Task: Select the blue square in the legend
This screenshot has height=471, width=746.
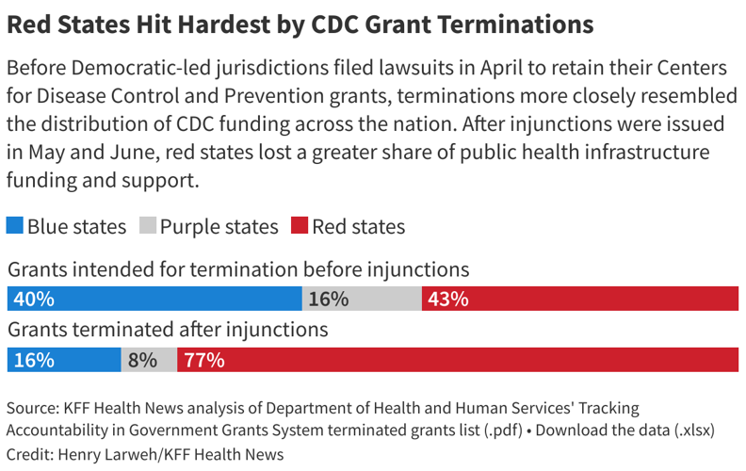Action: pyautogui.click(x=15, y=226)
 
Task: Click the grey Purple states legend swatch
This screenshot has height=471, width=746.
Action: pyautogui.click(x=148, y=226)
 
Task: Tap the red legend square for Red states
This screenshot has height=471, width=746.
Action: pyautogui.click(x=300, y=226)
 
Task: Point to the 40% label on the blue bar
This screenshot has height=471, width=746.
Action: pyautogui.click(x=33, y=299)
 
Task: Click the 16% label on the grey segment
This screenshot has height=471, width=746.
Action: pyautogui.click(x=328, y=299)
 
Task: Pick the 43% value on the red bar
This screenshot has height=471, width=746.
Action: pyautogui.click(x=447, y=299)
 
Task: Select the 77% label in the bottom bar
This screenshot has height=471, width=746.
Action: pyautogui.click(x=203, y=360)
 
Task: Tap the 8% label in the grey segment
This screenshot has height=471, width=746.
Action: pyautogui.click(x=142, y=360)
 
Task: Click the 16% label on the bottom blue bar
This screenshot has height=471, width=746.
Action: pyautogui.click(x=33, y=360)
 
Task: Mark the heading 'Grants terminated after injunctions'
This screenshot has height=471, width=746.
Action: pyautogui.click(x=168, y=330)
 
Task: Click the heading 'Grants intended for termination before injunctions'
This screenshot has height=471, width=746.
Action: pyautogui.click(x=238, y=269)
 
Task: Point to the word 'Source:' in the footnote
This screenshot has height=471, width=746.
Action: pyautogui.click(x=32, y=408)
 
